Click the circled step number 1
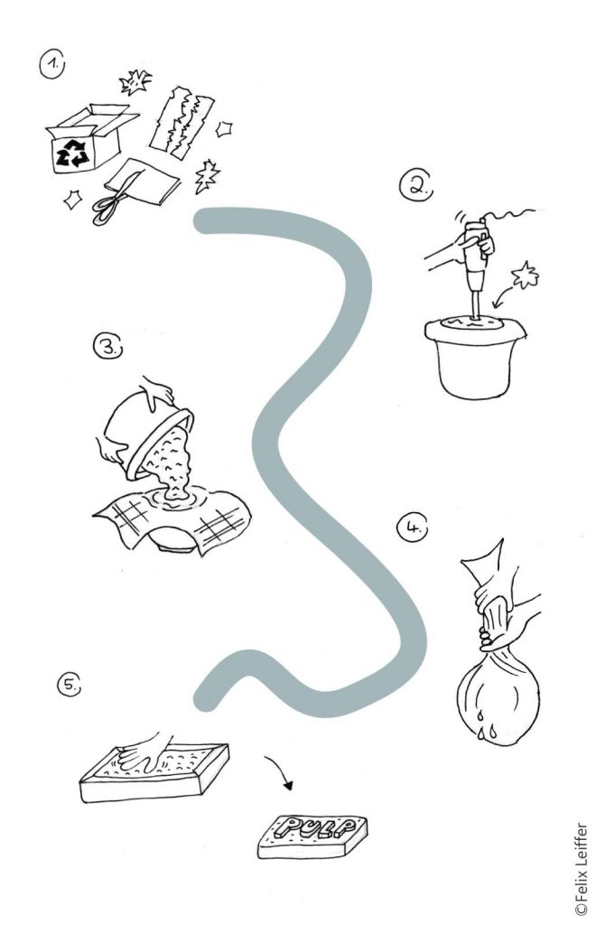point(51,64)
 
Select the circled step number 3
point(108,347)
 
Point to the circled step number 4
point(412,528)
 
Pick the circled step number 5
point(69,685)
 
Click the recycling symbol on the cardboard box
point(72,154)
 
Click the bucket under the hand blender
point(474,357)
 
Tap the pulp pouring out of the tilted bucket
point(171,463)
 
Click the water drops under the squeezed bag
point(484,727)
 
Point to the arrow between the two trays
point(280,769)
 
